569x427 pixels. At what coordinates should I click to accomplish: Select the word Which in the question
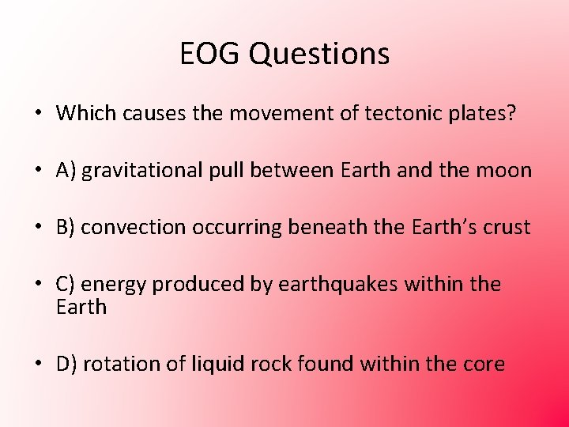click(86, 113)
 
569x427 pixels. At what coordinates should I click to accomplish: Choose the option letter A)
click(66, 170)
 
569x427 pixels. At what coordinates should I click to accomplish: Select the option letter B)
click(66, 227)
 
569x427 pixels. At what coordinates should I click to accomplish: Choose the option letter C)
click(66, 284)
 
